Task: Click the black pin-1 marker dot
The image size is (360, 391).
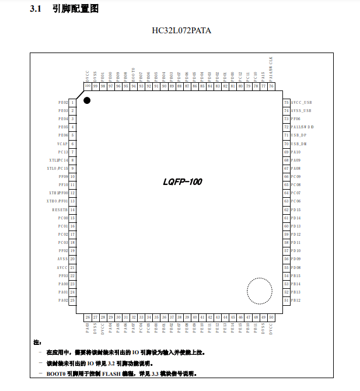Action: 87,100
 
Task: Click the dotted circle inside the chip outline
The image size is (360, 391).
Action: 259,290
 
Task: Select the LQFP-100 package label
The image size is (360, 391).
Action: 183,182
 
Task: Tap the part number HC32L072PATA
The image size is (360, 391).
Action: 180,30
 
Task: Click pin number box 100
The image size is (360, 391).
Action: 88,86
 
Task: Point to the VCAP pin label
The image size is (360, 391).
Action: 62,143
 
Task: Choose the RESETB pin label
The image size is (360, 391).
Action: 60,209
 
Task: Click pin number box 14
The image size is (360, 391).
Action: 73,209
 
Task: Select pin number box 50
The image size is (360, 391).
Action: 271,317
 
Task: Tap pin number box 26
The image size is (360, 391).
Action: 88,317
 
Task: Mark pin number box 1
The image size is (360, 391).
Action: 73,102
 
